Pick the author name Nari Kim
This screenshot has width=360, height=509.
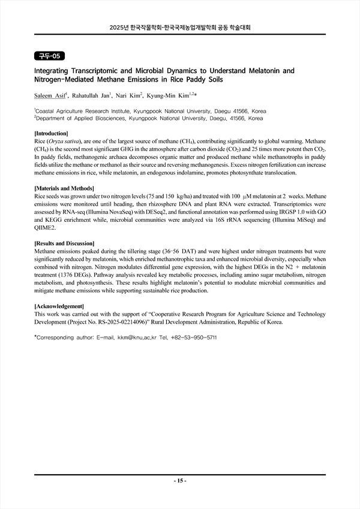tap(128, 95)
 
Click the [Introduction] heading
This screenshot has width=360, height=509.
tap(52, 133)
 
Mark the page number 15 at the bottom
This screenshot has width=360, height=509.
tap(181, 480)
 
